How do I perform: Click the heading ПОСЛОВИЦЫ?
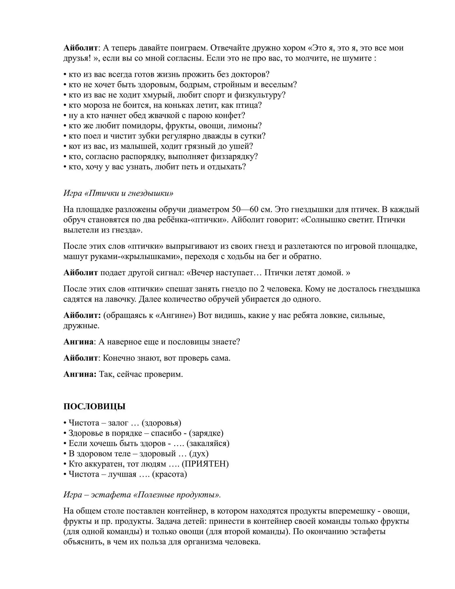[94, 407]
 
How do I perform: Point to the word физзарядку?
[234, 156]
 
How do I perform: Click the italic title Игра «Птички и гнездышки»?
[118, 193]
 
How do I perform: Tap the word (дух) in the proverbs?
[199, 454]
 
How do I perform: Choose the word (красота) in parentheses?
[170, 474]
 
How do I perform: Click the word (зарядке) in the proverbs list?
[206, 433]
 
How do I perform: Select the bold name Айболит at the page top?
[80, 48]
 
